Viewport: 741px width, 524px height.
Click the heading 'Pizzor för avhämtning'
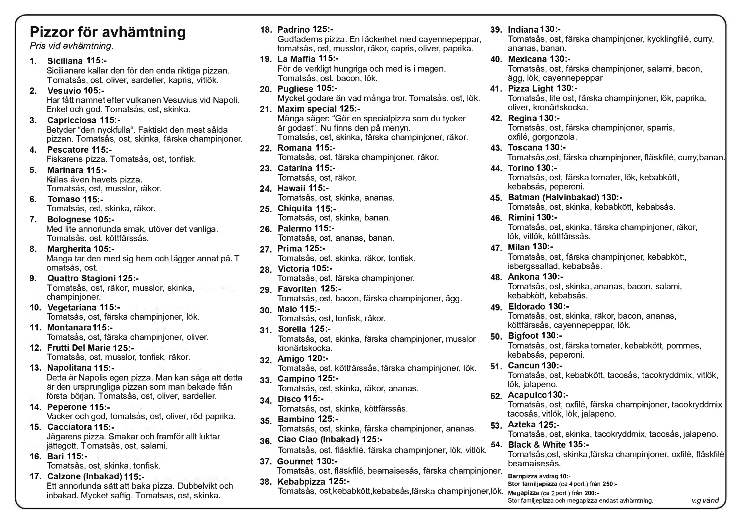point(107,32)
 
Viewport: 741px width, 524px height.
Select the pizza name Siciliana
point(65,61)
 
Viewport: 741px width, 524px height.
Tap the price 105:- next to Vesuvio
point(94,91)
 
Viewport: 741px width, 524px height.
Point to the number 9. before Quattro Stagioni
point(33,278)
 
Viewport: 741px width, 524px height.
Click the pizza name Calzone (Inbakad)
point(85,476)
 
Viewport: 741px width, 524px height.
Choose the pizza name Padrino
point(294,30)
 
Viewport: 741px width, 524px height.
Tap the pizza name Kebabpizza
point(301,482)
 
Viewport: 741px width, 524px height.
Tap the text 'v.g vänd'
point(705,501)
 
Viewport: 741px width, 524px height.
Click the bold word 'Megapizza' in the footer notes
point(523,493)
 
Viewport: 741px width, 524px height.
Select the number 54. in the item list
point(497,445)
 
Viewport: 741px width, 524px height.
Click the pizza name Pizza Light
point(531,89)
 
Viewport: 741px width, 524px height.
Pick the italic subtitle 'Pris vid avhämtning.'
point(71,46)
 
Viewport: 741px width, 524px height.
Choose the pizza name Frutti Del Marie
point(79,348)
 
